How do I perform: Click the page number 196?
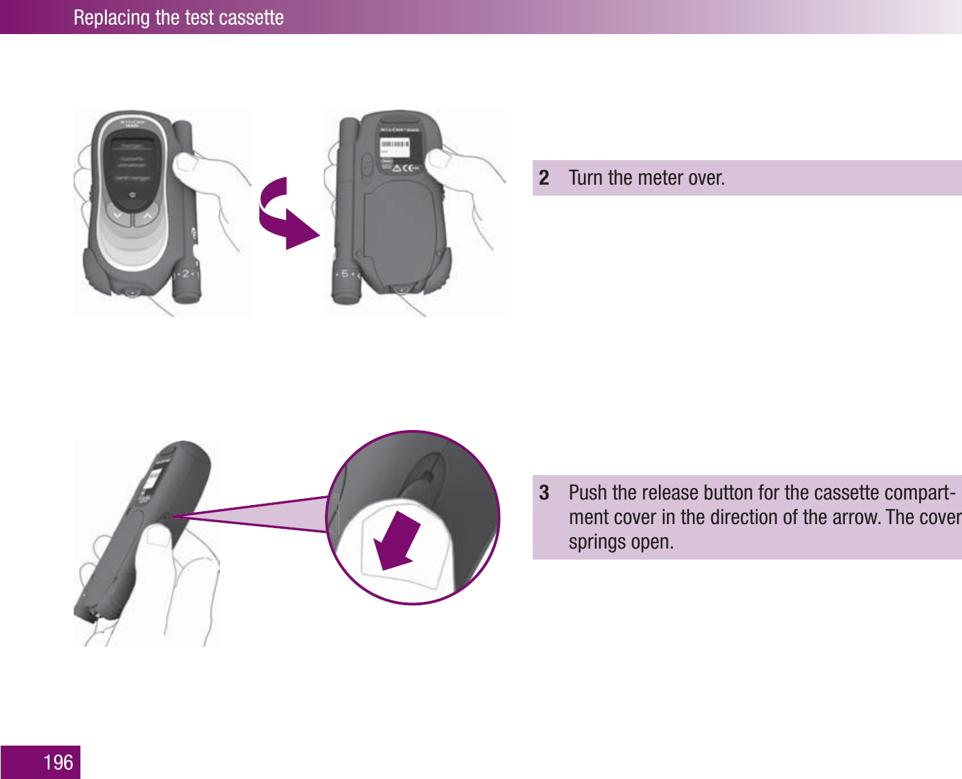pyautogui.click(x=58, y=762)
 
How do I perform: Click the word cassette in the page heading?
pyautogui.click(x=249, y=18)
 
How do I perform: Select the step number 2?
pyautogui.click(x=544, y=178)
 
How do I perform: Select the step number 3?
pyautogui.click(x=544, y=493)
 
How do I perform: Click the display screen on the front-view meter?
pyautogui.click(x=132, y=171)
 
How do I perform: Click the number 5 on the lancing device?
pyautogui.click(x=345, y=274)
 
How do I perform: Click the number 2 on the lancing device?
pyautogui.click(x=185, y=274)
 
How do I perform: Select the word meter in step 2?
pyautogui.click(x=662, y=178)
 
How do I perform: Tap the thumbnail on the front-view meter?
pyautogui.click(x=185, y=164)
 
